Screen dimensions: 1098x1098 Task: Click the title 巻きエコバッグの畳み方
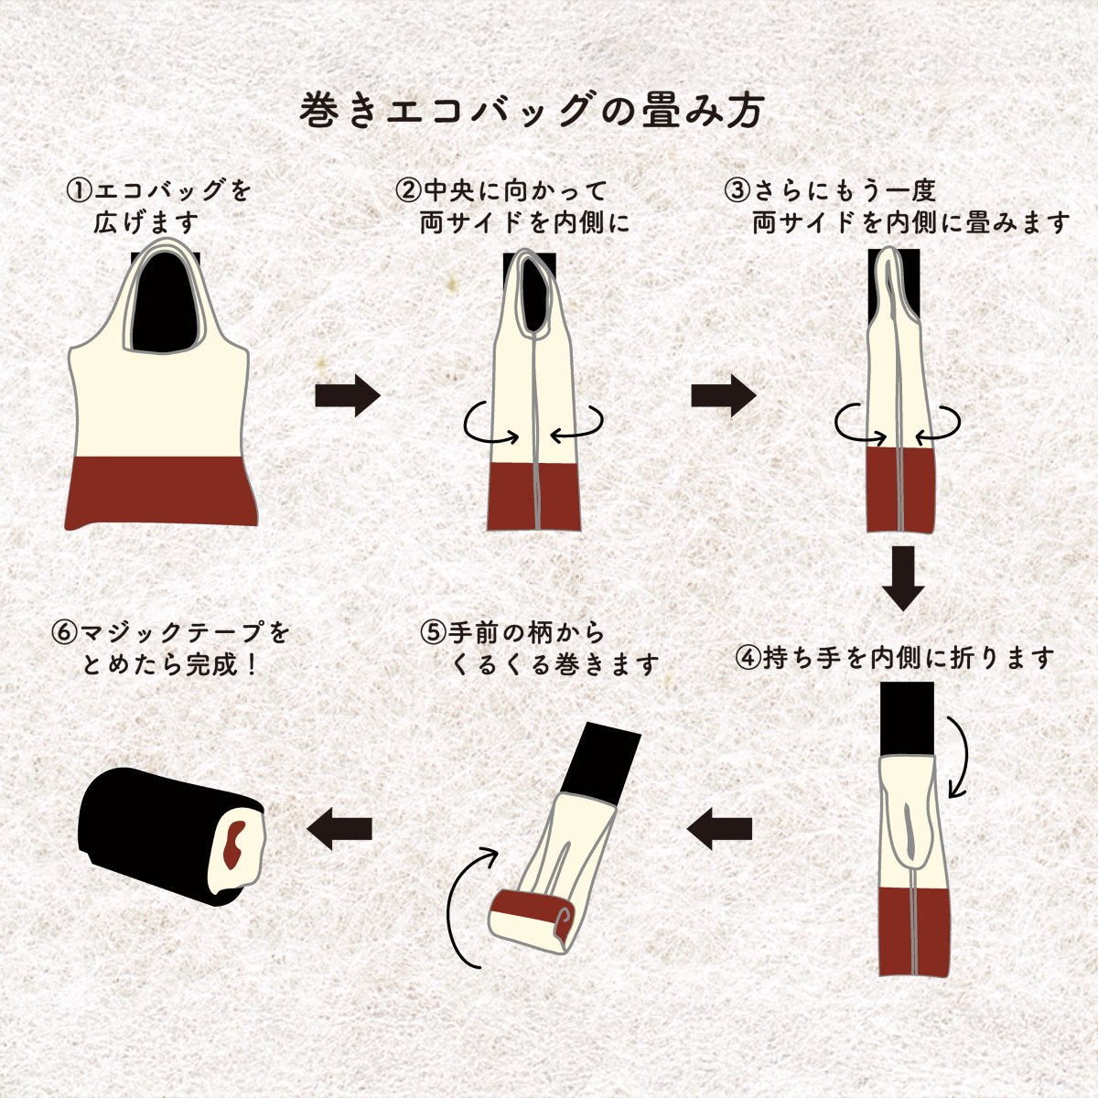532,111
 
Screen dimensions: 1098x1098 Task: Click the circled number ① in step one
80,191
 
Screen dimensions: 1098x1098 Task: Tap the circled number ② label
407,191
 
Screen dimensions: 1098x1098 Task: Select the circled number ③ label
737,191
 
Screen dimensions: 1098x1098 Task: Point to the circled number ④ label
748,658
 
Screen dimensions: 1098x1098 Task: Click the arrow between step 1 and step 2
347,395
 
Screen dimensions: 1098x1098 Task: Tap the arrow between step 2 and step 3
723,395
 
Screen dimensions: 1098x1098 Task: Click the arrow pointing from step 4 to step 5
719,829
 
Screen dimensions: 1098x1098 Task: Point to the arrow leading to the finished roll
340,829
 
